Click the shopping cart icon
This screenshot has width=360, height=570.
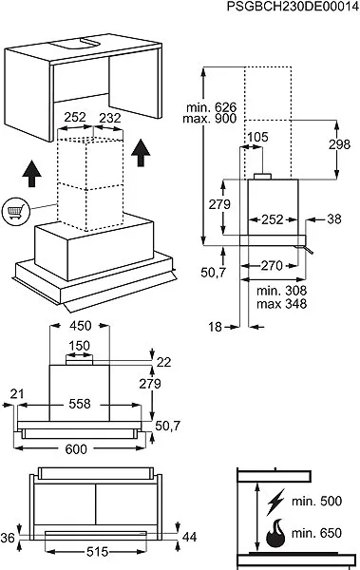(15, 211)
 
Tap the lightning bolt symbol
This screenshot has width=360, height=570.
(275, 502)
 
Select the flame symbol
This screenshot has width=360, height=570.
(276, 533)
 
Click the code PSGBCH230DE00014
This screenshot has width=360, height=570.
(293, 7)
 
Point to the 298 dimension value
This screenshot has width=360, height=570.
(340, 144)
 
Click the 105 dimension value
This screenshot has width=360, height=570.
(257, 137)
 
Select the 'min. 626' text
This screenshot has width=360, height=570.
(211, 107)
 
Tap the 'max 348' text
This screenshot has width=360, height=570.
(282, 303)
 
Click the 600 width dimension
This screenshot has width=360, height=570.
(76, 449)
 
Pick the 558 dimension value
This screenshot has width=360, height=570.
(79, 404)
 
